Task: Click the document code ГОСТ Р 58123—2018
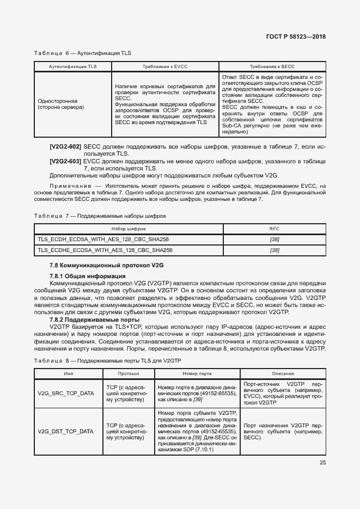coord(296,37)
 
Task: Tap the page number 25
coord(322,463)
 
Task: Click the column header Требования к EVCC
coord(165,66)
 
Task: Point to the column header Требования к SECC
coord(272,66)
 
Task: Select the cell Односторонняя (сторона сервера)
coord(60,104)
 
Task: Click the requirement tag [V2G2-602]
coord(65,148)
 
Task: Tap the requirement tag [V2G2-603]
coord(65,162)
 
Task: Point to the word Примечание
coord(69,186)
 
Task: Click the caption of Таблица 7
coord(100,216)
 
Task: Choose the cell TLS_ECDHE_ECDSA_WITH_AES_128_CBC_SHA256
coord(106,250)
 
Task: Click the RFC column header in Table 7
coord(274,229)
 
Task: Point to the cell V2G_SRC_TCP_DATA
coord(65,393)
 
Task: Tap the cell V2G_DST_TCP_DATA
coord(65,431)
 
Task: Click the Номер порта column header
coord(197,374)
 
